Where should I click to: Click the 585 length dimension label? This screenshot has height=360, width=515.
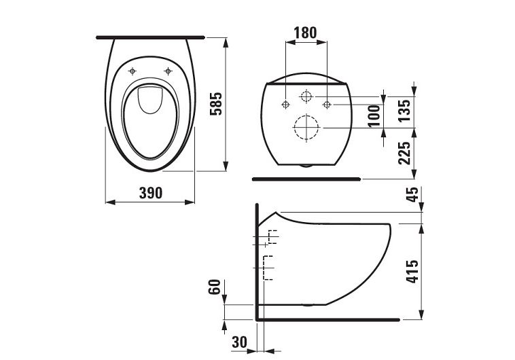tap(216, 104)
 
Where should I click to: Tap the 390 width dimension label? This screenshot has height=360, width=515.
tap(151, 193)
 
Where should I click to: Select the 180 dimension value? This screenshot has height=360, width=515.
tap(305, 33)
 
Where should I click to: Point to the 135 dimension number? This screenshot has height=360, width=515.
tap(405, 110)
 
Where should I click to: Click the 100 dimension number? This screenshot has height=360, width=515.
tap(374, 115)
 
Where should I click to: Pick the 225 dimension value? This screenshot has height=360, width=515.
tap(405, 153)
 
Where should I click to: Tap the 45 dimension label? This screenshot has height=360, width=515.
tap(413, 194)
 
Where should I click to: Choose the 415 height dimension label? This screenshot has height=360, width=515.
tap(412, 271)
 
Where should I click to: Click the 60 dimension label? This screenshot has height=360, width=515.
tap(215, 287)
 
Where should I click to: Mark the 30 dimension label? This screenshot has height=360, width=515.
tap(239, 342)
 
